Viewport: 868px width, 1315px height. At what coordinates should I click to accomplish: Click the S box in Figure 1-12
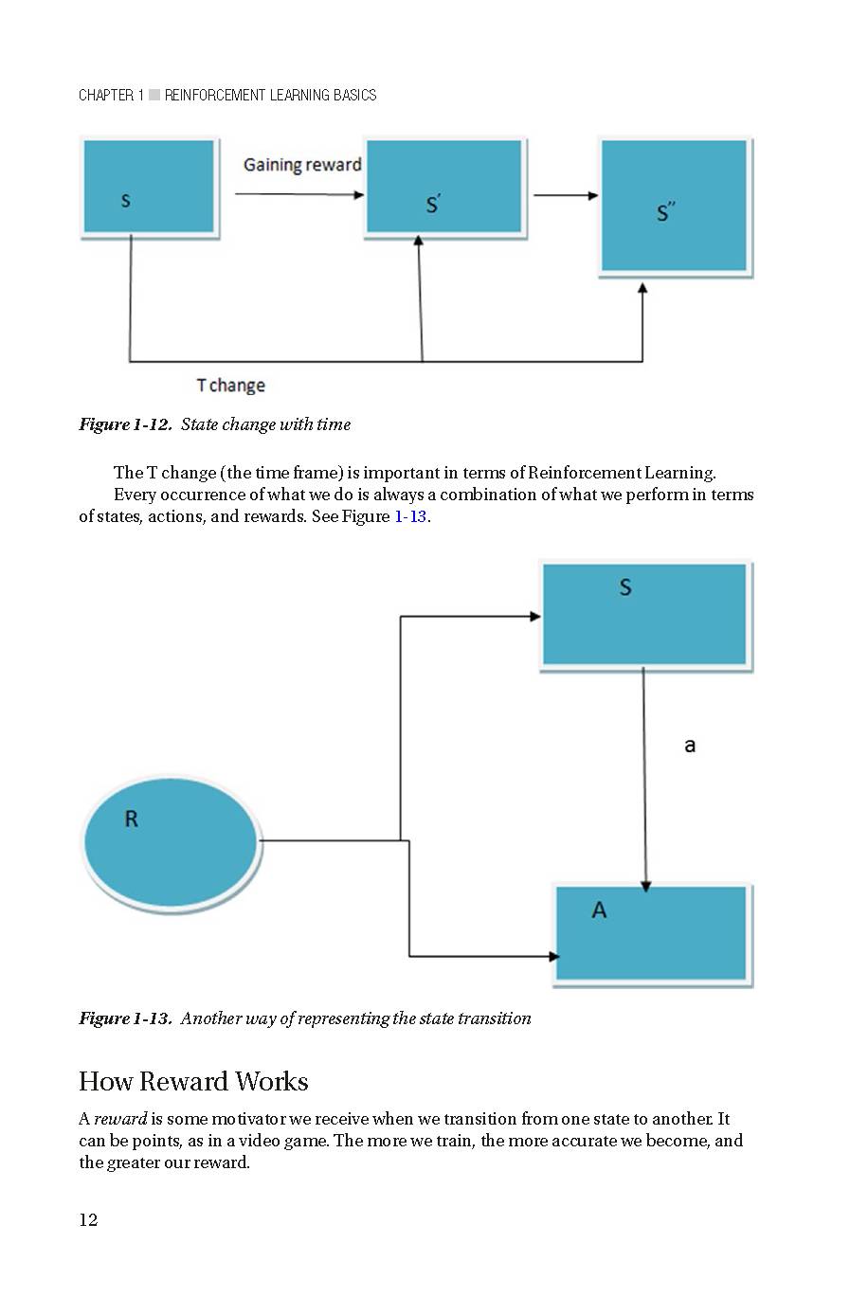pyautogui.click(x=149, y=187)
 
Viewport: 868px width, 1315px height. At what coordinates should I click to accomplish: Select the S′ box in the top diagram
pyautogui.click(x=443, y=187)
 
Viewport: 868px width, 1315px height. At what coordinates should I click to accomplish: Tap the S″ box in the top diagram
pyautogui.click(x=675, y=207)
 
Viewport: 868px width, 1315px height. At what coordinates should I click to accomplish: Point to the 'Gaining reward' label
pyautogui.click(x=302, y=165)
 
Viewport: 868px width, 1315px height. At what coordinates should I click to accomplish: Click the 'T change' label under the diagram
pyautogui.click(x=230, y=386)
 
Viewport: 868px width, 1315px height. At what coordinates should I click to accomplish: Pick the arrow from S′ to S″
pyautogui.click(x=565, y=196)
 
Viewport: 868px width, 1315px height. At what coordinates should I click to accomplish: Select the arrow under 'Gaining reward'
pyautogui.click(x=298, y=195)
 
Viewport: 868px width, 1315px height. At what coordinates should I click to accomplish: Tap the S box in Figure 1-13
pyautogui.click(x=644, y=614)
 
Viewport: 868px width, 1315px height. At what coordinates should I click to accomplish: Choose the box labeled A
pyautogui.click(x=651, y=933)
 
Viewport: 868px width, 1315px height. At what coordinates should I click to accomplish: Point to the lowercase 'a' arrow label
pyautogui.click(x=690, y=746)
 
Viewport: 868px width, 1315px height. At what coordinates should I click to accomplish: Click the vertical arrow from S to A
pyautogui.click(x=644, y=777)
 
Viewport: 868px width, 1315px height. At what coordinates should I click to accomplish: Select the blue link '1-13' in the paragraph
pyautogui.click(x=410, y=516)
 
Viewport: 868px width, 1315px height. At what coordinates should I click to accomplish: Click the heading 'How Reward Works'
pyautogui.click(x=193, y=1082)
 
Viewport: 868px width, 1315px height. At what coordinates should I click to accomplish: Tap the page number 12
pyautogui.click(x=88, y=1220)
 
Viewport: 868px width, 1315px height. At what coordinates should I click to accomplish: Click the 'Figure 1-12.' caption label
pyautogui.click(x=125, y=424)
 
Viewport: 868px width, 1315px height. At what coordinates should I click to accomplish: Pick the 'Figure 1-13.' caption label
pyautogui.click(x=125, y=1018)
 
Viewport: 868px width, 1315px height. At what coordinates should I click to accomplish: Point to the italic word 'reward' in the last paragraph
pyautogui.click(x=120, y=1119)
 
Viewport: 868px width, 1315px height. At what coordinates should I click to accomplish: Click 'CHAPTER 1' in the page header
pyautogui.click(x=111, y=95)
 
